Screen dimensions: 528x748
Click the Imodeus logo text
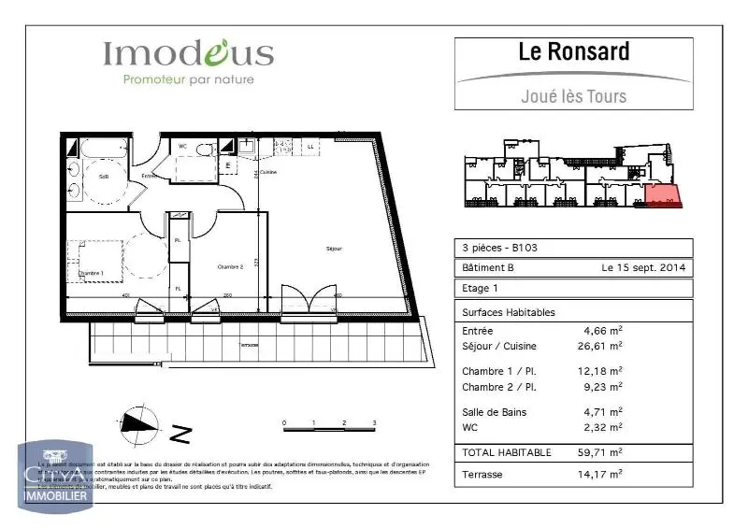(188, 53)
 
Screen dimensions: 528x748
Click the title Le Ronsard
(574, 51)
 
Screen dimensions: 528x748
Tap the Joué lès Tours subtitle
(573, 95)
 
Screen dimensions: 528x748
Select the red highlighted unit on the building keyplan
(662, 196)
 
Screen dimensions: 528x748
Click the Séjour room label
(334, 249)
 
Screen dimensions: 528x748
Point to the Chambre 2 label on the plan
(230, 266)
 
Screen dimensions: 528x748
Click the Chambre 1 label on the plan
(92, 273)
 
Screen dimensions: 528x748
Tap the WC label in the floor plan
(183, 146)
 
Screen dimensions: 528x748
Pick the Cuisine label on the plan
(267, 173)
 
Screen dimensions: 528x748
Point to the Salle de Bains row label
(495, 412)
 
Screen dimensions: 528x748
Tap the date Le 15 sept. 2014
(643, 268)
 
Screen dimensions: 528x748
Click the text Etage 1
(481, 289)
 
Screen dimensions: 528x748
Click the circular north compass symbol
(137, 425)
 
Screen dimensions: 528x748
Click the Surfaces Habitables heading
(509, 312)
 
